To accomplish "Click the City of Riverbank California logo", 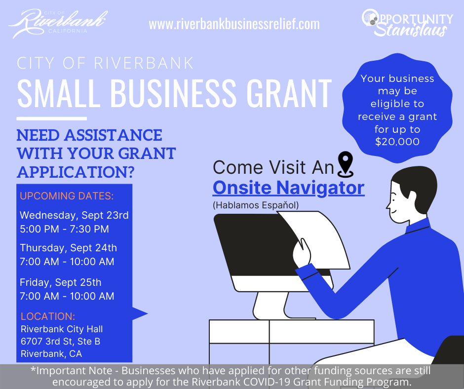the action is click(58, 23).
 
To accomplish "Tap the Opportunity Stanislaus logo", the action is click(407, 23).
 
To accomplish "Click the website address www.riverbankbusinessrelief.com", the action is click(234, 24).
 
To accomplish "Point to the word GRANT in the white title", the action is click(289, 93).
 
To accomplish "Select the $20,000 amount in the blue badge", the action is click(397, 142).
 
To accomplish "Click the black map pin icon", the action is click(346, 164).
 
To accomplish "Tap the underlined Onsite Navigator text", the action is click(289, 188).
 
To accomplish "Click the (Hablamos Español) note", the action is click(256, 205).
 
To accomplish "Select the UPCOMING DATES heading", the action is click(67, 196).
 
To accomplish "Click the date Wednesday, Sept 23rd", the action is click(74, 215).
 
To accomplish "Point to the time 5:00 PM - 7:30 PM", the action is click(64, 229).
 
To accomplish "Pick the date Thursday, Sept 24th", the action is click(68, 248).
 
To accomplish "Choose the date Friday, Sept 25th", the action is click(60, 282).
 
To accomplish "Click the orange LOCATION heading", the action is click(48, 316).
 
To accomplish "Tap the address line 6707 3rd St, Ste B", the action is click(60, 341).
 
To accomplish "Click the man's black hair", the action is click(417, 184).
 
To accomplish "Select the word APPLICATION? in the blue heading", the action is click(76, 172).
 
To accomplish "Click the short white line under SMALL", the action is click(51, 118).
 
